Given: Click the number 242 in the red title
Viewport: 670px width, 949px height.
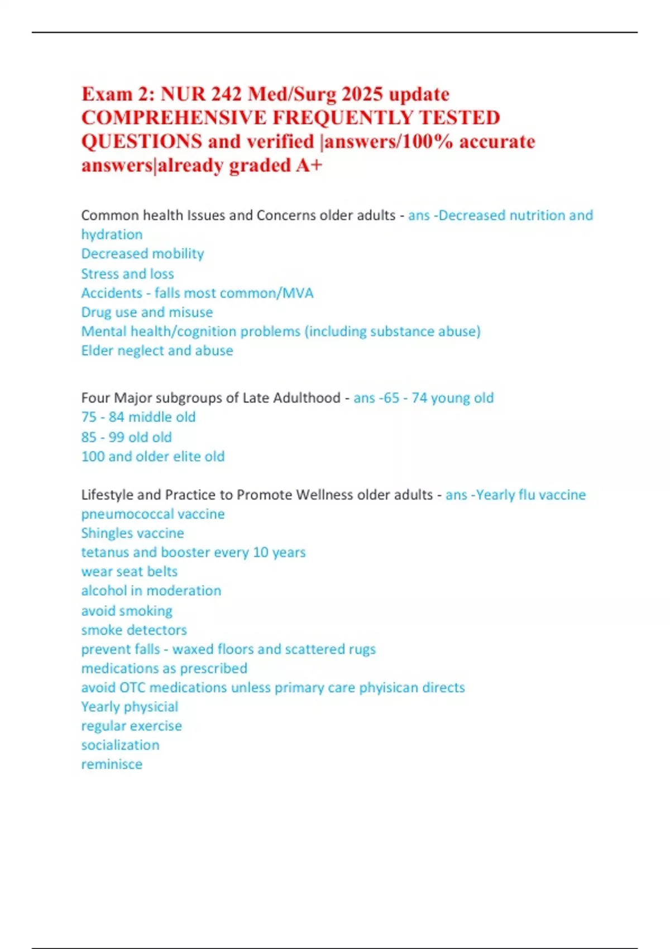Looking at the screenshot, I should [224, 94].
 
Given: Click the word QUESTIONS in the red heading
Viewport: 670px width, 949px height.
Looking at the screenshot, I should [142, 142].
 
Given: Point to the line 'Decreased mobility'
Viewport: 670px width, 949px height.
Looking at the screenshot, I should [142, 254].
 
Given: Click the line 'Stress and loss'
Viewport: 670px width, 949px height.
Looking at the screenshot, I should [127, 274].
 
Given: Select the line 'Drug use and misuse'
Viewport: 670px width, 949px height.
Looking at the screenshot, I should [147, 312].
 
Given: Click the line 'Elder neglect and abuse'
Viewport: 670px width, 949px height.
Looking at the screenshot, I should [157, 351].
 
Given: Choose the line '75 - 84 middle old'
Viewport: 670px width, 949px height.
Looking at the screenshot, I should [138, 417].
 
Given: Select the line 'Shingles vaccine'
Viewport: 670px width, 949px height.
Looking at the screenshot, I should [132, 533].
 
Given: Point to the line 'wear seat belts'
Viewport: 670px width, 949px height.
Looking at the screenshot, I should [129, 572].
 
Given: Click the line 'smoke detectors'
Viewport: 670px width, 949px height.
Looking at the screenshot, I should [134, 630].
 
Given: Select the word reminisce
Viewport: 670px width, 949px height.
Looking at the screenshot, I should [112, 764].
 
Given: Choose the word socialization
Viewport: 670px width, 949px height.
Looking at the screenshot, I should [120, 745].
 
